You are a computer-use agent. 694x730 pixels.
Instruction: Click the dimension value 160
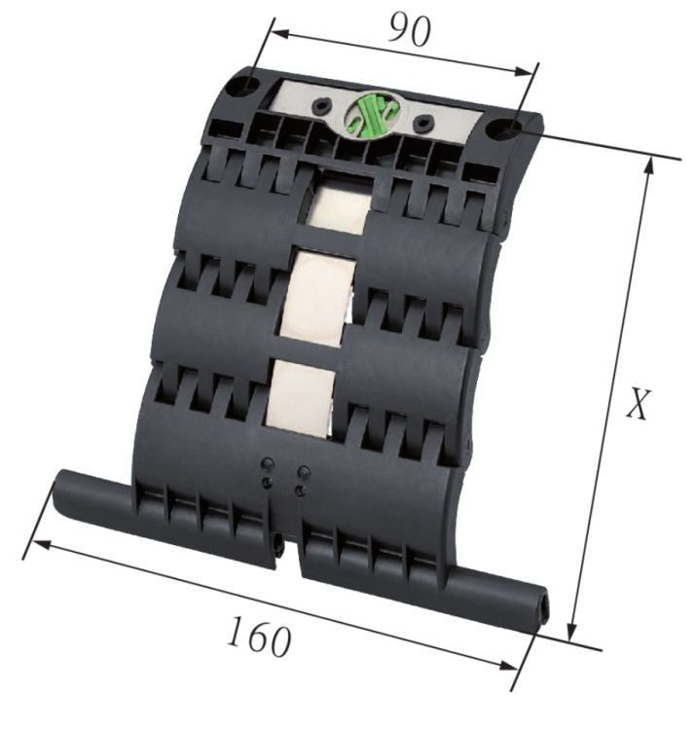point(259,638)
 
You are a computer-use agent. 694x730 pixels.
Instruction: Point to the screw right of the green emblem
point(422,124)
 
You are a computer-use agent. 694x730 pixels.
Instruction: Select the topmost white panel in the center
point(338,205)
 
